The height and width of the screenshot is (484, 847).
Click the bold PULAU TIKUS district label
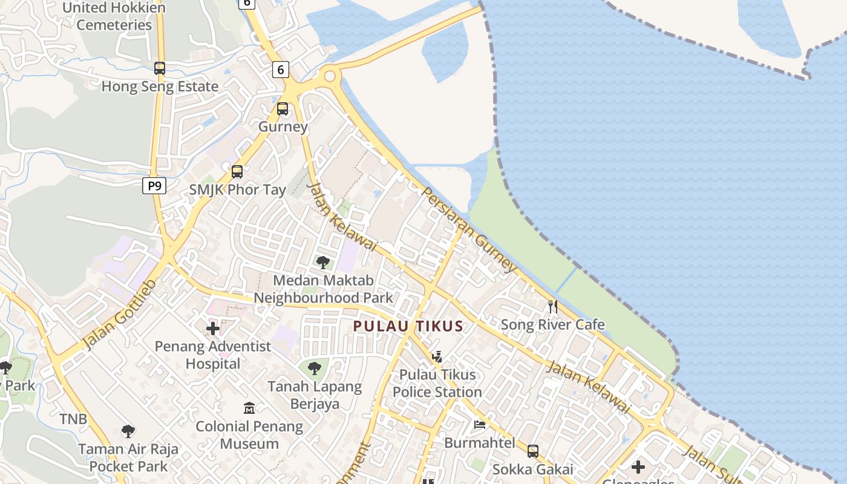pos(408,326)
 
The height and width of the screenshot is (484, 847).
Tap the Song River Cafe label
pos(552,325)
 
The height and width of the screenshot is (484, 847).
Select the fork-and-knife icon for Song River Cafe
pos(552,306)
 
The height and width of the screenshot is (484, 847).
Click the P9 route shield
pos(154,186)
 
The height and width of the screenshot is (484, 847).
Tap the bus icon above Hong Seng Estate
pos(160,68)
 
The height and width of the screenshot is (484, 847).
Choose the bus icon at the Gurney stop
pos(283,109)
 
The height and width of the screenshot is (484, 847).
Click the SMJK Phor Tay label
pos(237,190)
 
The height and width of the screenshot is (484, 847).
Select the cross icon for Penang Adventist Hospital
pos(213,329)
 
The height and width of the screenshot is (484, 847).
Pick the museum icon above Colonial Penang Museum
pos(249,408)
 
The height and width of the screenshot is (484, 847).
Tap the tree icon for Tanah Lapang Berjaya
pos(315,368)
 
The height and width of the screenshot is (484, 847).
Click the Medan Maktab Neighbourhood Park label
pos(323,289)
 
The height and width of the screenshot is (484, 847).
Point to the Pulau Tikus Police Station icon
pos(437,356)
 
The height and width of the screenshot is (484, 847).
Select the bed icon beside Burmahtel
pos(480,425)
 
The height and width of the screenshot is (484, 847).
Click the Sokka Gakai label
pos(532,469)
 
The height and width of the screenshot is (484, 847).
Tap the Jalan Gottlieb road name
pos(120,315)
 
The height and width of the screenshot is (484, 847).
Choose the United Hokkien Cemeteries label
pos(114,16)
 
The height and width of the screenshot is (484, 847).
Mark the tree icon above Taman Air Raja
pos(128,431)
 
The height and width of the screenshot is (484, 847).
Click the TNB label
pos(73,419)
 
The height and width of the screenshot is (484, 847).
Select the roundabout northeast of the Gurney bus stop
pos(330,76)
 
